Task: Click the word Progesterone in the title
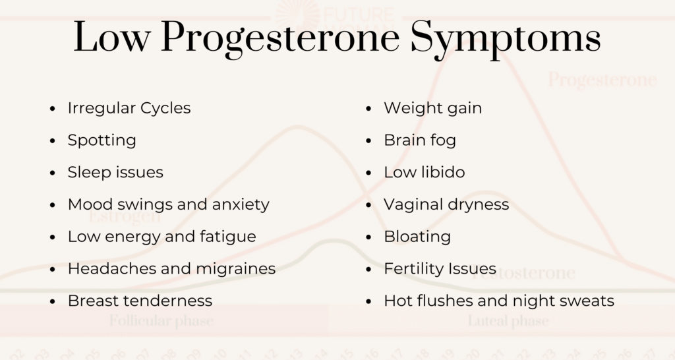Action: tap(279, 38)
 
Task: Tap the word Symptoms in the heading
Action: tap(506, 38)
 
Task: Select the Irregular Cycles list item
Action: tap(129, 107)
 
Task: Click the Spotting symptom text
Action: tap(102, 140)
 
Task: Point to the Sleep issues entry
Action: tap(115, 172)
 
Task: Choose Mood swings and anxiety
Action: tap(168, 204)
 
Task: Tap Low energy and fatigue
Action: tap(161, 236)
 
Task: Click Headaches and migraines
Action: tap(171, 268)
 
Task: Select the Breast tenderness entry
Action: tap(140, 301)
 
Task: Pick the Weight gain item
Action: tap(432, 107)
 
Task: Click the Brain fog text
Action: tap(419, 140)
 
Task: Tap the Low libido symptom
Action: tap(424, 172)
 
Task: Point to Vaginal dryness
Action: tap(446, 204)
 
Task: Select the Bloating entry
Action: tap(417, 236)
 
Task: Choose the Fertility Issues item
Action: tap(440, 268)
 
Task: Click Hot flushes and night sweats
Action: tap(498, 301)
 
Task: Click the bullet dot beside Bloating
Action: tap(369, 237)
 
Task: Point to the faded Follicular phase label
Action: tap(161, 322)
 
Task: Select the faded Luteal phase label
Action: tap(508, 322)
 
